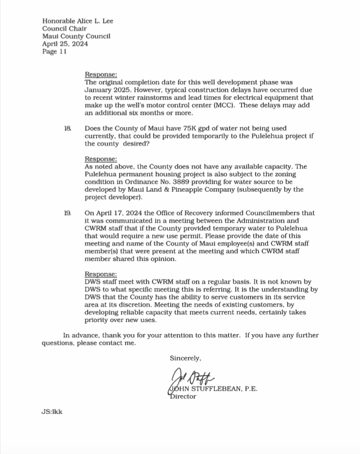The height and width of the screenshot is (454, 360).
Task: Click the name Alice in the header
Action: (x=87, y=21)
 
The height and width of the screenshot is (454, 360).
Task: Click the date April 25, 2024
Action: (x=64, y=45)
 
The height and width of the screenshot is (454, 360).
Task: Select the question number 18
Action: (x=68, y=128)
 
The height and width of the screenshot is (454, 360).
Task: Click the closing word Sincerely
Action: (x=186, y=358)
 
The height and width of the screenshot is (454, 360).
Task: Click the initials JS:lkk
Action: (x=52, y=412)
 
